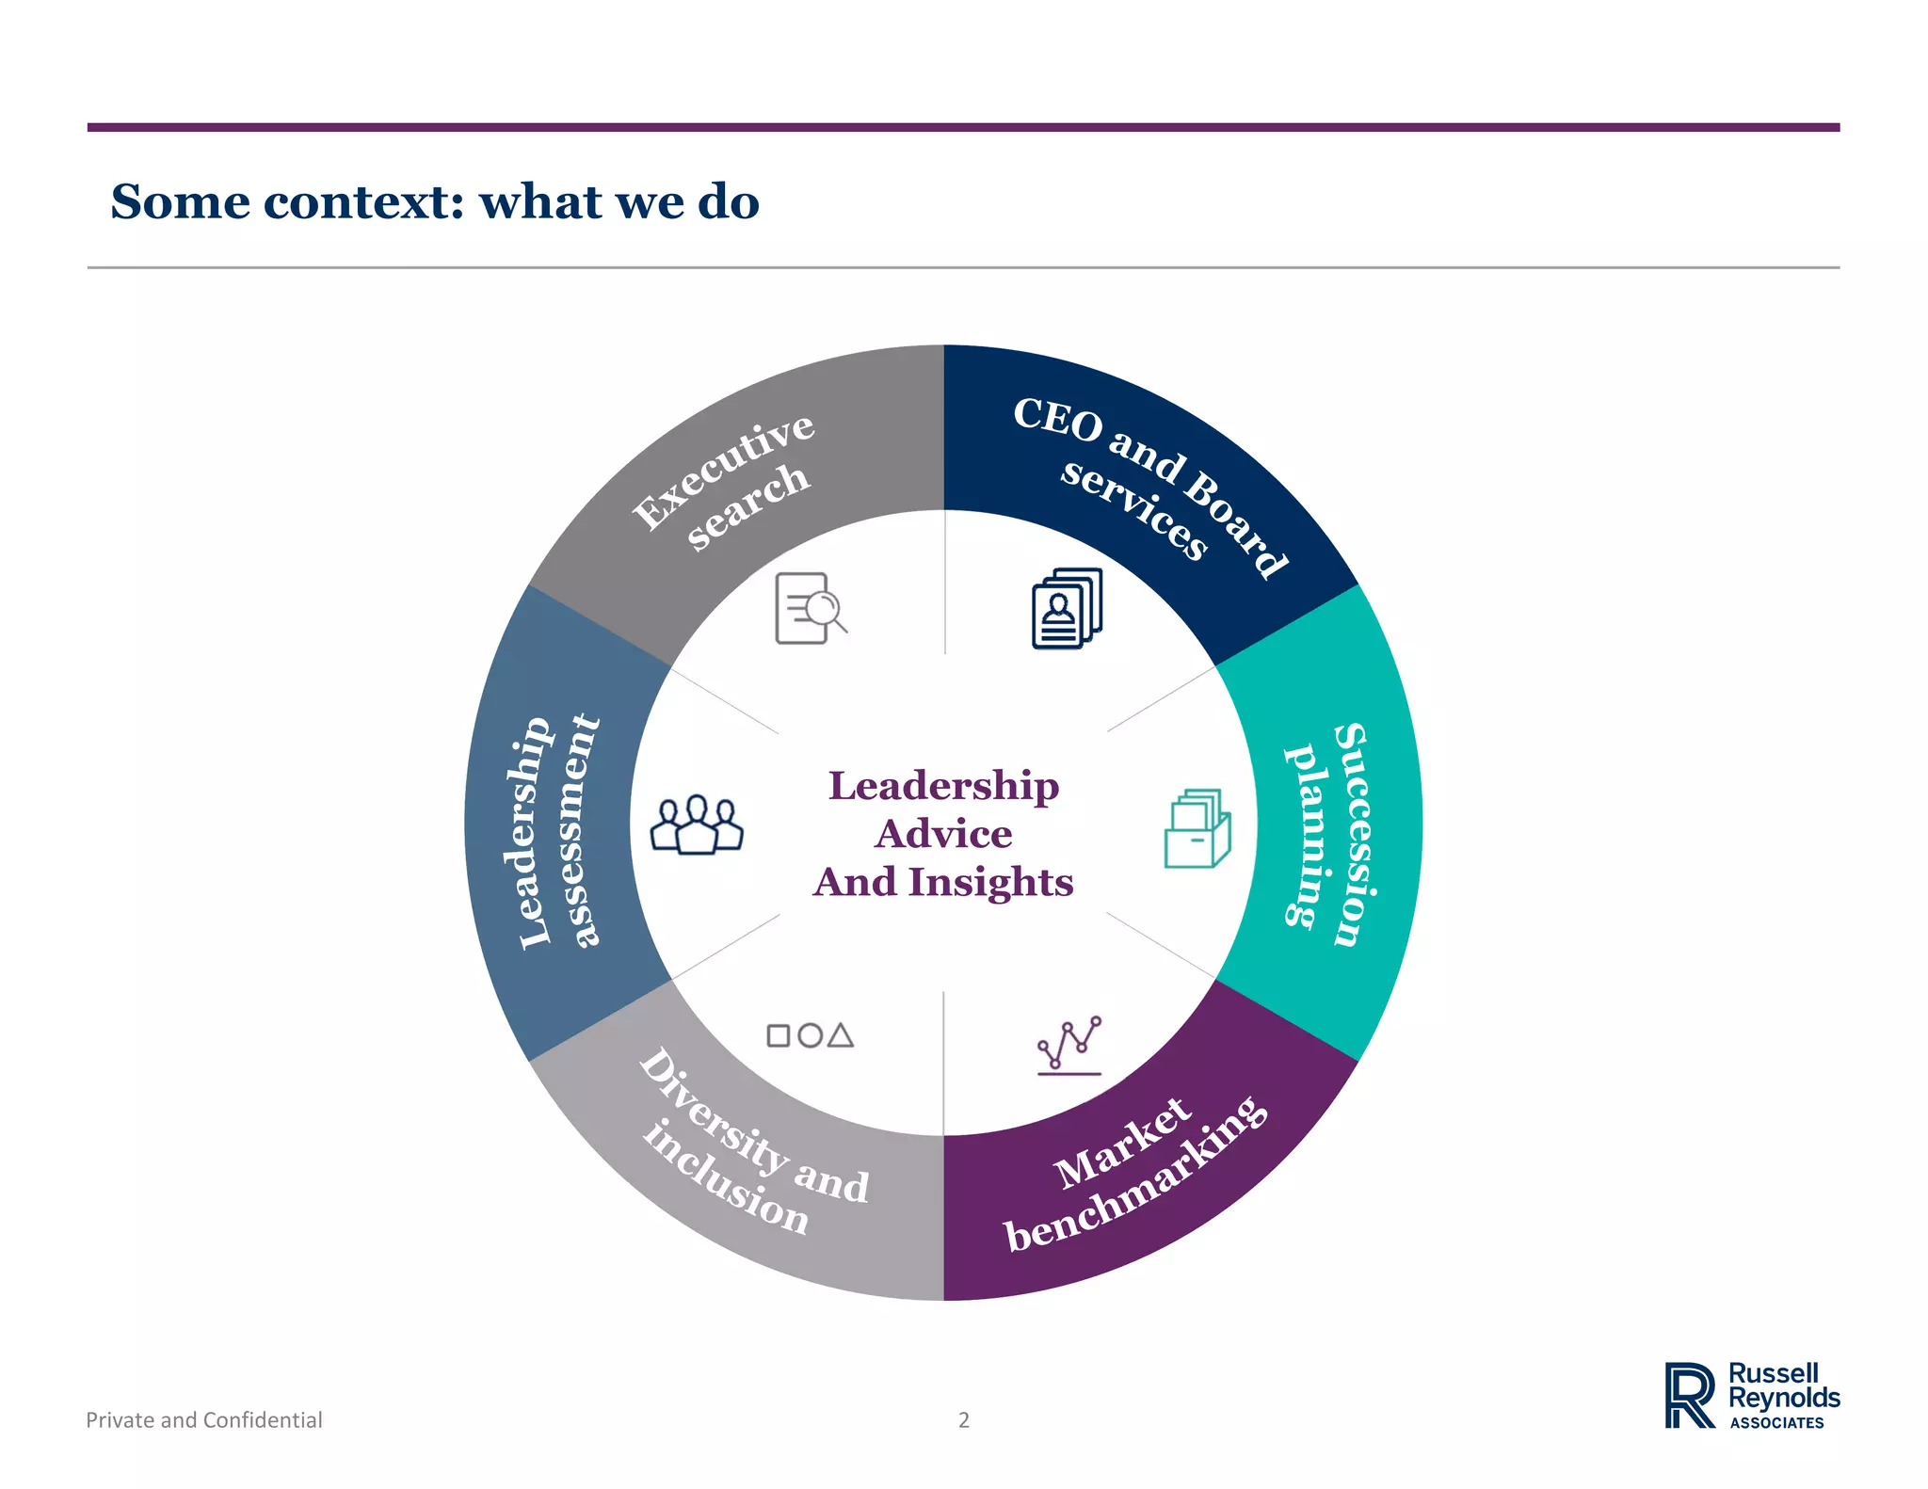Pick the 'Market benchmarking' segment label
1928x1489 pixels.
pos(1134,1177)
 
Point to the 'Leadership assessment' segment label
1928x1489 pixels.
pos(556,833)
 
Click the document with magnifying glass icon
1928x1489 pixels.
pos(809,609)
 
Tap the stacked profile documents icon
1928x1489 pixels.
pos(1067,608)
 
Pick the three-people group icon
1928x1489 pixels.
pos(697,825)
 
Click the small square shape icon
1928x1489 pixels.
pos(779,1036)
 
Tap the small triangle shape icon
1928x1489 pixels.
pos(841,1036)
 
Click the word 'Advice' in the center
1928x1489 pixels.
pos(943,834)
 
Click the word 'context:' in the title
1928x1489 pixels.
pos(363,201)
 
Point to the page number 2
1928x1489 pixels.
pos(963,1419)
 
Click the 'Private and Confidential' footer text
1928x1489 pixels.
pos(204,1419)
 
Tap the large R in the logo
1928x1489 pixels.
pos(1689,1395)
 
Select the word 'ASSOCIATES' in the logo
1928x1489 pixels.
pos(1776,1423)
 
